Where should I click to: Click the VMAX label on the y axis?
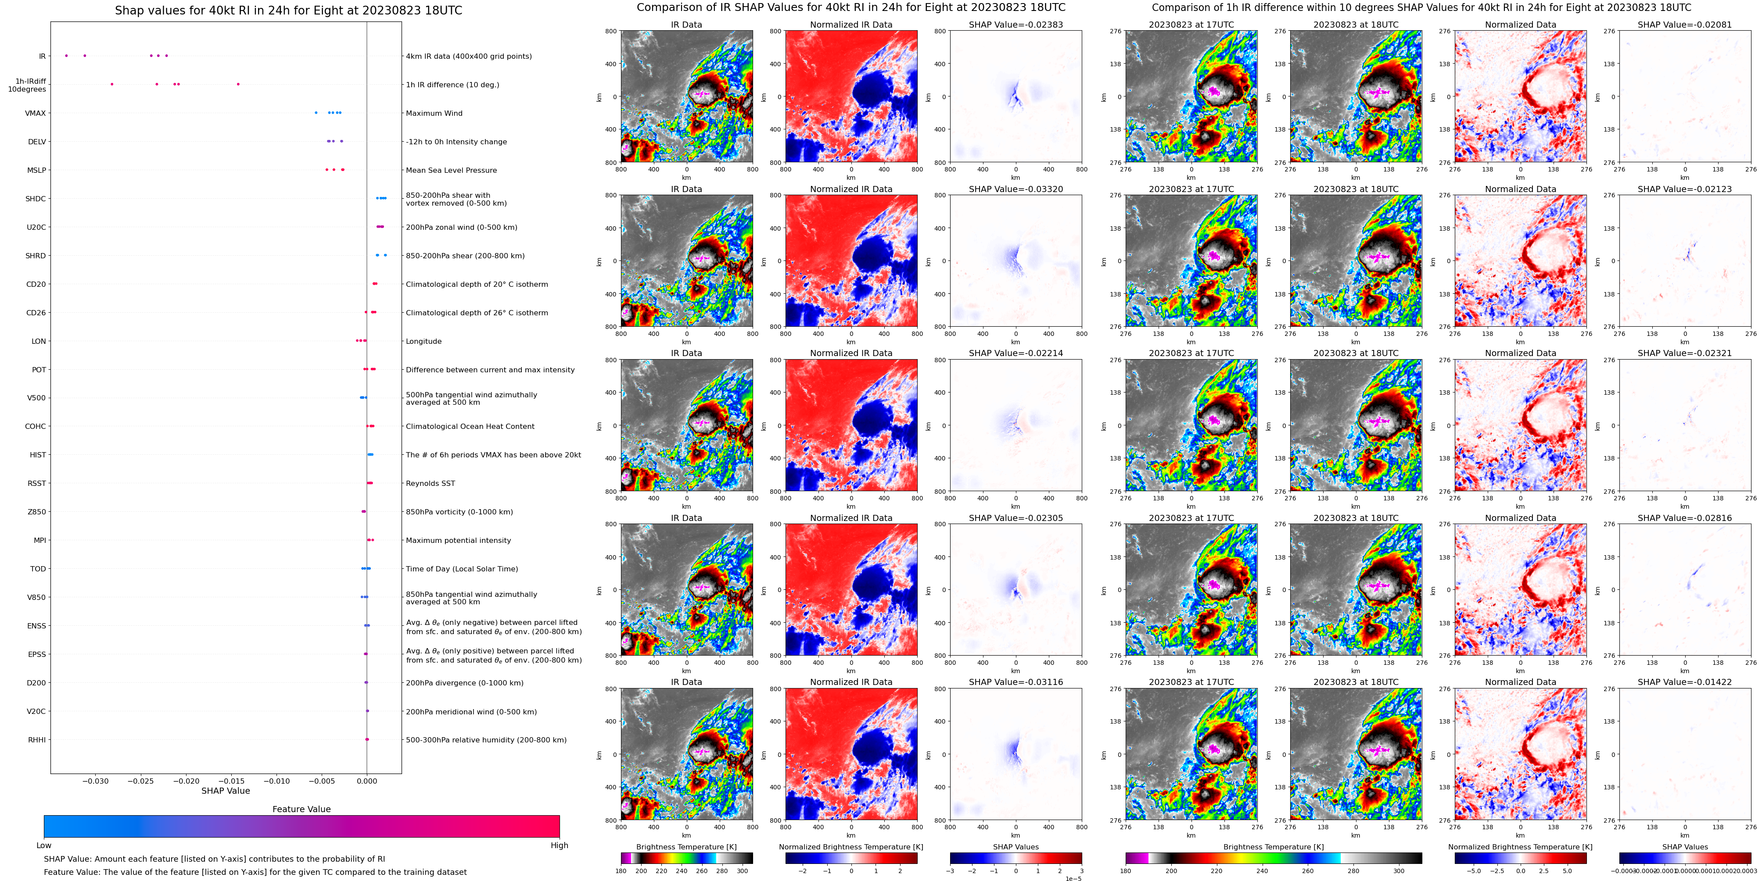pos(36,114)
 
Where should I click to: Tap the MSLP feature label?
pos(36,170)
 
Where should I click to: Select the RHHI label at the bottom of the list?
pos(37,739)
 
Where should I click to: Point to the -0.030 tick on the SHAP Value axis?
pos(96,781)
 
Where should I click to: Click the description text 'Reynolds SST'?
pos(430,483)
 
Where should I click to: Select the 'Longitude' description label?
pos(423,341)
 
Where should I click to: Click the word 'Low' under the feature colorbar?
pos(44,845)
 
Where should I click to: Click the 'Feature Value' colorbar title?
pos(301,809)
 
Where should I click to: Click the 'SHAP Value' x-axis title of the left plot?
pos(225,791)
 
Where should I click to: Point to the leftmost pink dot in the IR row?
pos(66,55)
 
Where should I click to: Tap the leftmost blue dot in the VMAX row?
pos(316,113)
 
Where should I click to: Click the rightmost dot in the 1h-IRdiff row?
pos(238,84)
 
